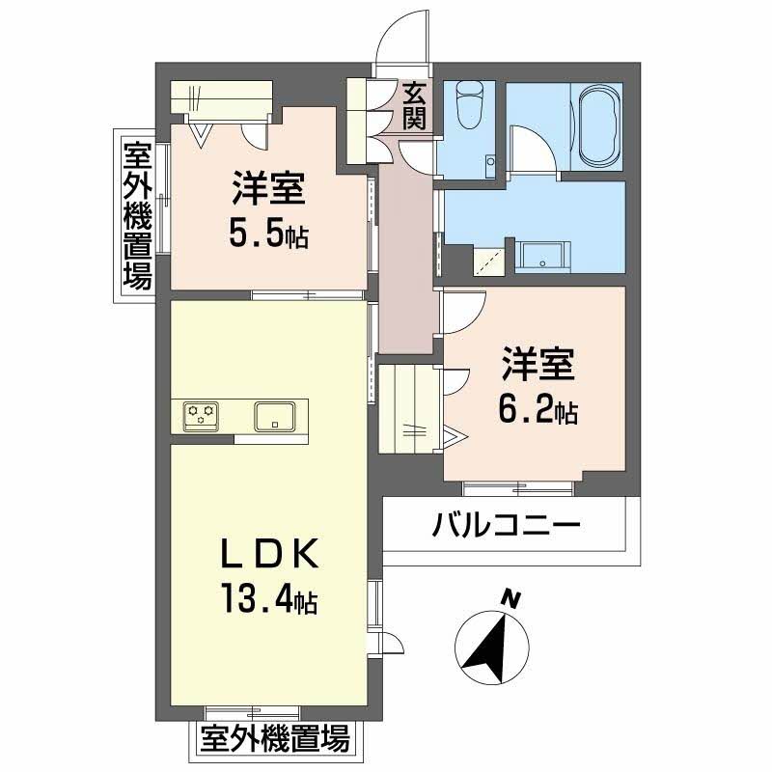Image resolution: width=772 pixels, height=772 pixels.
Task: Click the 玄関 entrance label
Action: click(415, 106)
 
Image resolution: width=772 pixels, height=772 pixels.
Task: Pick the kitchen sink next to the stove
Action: click(275, 416)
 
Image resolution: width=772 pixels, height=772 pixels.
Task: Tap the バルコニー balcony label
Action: click(506, 527)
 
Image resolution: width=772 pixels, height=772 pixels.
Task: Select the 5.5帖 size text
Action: click(269, 234)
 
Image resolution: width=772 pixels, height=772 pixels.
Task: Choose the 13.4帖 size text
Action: click(269, 602)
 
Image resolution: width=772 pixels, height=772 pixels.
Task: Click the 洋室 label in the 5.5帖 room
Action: click(269, 188)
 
